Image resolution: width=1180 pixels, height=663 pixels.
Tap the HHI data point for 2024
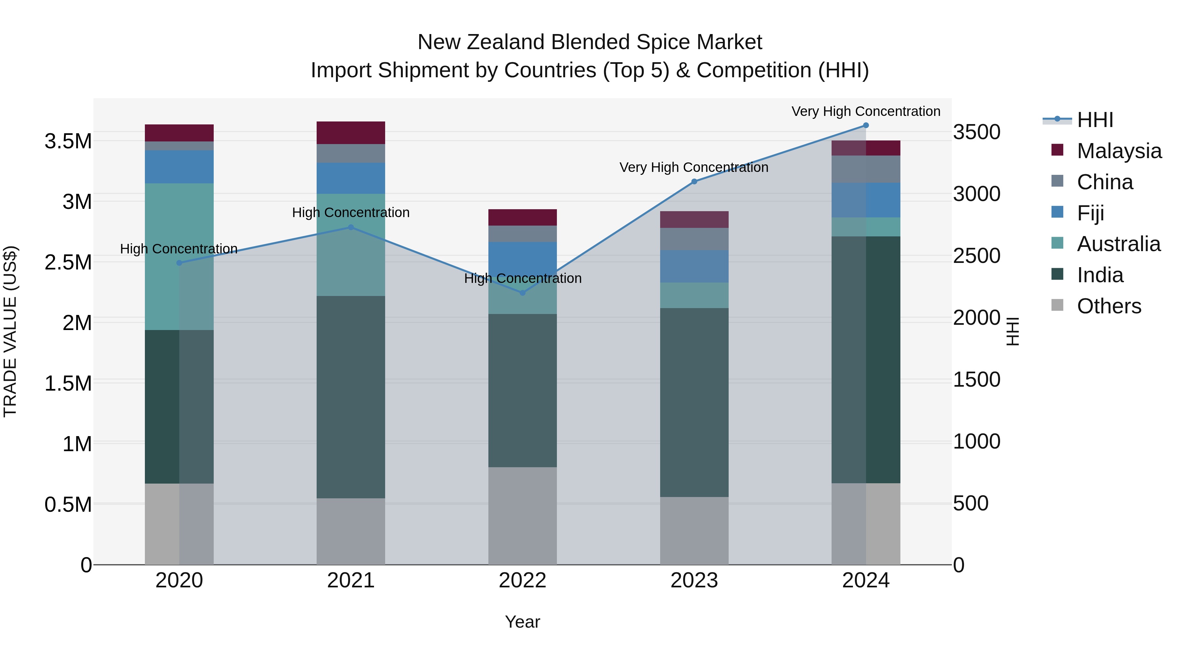pyautogui.click(x=866, y=125)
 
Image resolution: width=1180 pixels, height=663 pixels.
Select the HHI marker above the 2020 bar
pyautogui.click(x=179, y=263)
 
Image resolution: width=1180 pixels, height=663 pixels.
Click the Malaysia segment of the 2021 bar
pyautogui.click(x=351, y=133)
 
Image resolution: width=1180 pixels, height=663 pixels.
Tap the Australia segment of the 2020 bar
pyautogui.click(x=179, y=256)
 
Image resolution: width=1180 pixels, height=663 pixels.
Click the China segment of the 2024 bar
pyautogui.click(x=866, y=169)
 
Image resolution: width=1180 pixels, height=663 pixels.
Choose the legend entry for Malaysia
pyautogui.click(x=1119, y=151)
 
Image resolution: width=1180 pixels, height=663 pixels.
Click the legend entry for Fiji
pyautogui.click(x=1090, y=213)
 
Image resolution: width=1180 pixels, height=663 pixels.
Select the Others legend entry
pyautogui.click(x=1109, y=306)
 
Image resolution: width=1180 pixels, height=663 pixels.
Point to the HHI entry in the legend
pyautogui.click(x=1095, y=120)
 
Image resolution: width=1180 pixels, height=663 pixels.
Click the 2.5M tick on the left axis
pyautogui.click(x=68, y=263)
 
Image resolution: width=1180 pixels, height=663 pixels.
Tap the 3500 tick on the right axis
pyautogui.click(x=977, y=132)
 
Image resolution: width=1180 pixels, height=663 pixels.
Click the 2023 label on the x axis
pyautogui.click(x=694, y=580)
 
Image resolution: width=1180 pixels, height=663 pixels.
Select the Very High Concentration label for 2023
pyautogui.click(x=694, y=167)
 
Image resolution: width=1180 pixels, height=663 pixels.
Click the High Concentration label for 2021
pyautogui.click(x=351, y=213)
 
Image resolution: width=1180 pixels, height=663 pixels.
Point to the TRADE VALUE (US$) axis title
pyautogui.click(x=10, y=331)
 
